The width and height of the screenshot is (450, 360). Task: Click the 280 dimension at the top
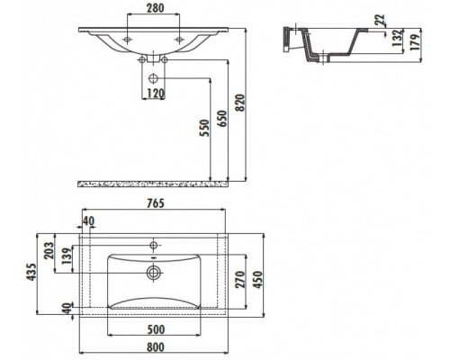(x=156, y=8)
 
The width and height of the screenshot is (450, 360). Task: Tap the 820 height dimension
(x=240, y=103)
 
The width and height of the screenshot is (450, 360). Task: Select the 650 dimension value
(x=222, y=119)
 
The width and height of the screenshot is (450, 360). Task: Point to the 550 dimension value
(x=204, y=128)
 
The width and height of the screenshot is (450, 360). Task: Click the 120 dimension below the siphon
(x=156, y=94)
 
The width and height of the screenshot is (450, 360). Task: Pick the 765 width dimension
(x=156, y=203)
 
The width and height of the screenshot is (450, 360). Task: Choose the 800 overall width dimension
(x=156, y=347)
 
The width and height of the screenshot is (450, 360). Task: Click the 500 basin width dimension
(x=156, y=329)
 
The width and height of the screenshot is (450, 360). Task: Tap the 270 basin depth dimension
(x=240, y=279)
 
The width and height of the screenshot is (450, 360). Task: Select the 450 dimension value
(x=258, y=279)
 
